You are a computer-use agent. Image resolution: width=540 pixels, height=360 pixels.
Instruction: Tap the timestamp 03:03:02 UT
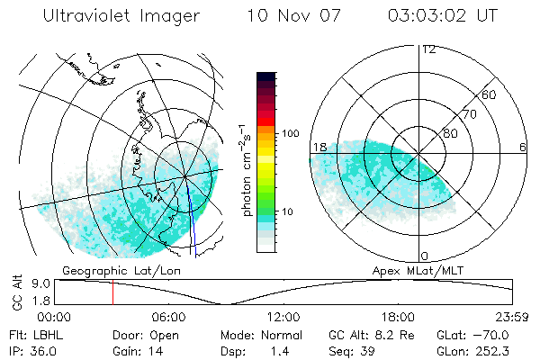[443, 17]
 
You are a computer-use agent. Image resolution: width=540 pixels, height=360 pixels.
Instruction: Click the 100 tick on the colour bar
[291, 133]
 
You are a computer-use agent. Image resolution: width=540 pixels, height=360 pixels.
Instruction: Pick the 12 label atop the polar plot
[428, 49]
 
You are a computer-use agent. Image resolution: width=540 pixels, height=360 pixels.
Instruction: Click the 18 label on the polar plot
[319, 147]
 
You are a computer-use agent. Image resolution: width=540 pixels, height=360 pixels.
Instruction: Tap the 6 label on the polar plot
[522, 147]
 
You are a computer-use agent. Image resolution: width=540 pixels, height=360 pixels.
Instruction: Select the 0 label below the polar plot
[425, 256]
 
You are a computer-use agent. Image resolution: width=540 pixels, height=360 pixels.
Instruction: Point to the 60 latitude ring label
[490, 94]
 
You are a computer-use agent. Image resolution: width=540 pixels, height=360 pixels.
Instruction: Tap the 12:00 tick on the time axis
[283, 317]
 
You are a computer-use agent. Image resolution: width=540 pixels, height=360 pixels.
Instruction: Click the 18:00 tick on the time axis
[399, 317]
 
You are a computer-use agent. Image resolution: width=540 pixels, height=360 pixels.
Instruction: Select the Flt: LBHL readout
[37, 335]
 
